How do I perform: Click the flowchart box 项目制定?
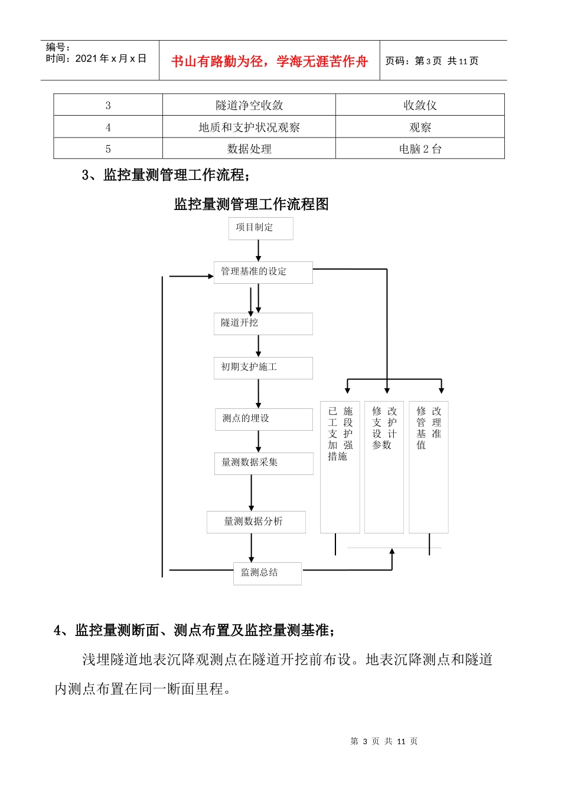point(260,228)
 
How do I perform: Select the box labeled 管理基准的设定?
point(263,272)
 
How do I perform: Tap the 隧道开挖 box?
point(263,323)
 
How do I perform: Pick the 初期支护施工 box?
point(263,368)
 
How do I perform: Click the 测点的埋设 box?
point(263,419)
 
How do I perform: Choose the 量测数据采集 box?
point(263,463)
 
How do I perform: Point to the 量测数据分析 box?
point(256,522)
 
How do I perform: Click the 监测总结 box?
point(267,573)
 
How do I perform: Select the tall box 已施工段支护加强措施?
point(340,467)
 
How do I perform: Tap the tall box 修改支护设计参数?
point(384,467)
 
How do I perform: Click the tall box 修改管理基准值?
point(429,467)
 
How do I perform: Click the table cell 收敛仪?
point(420,105)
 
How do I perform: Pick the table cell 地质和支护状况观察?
point(249,127)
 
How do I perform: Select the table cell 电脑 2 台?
point(420,149)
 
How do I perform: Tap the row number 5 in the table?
point(108,149)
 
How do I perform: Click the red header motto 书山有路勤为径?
point(269,61)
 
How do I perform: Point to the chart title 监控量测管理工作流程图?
point(251,204)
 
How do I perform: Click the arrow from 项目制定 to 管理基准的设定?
point(258,251)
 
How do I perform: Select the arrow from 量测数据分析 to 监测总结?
point(252,548)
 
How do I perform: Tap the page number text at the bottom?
point(383,741)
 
